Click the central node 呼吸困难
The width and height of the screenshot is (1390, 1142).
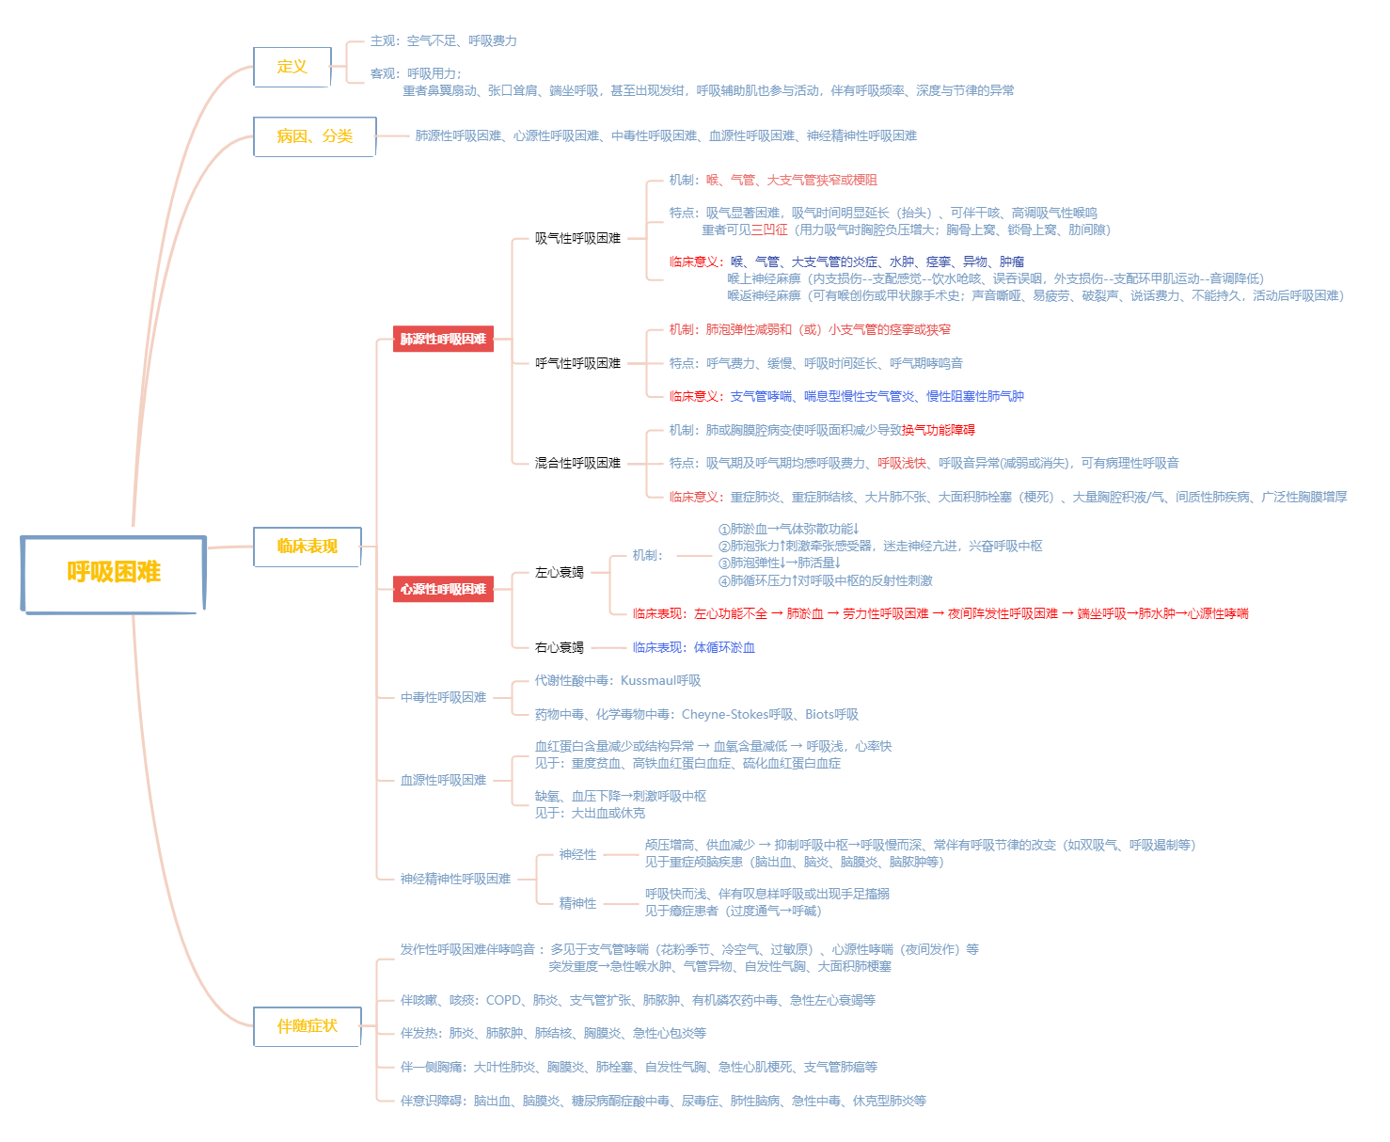tap(113, 573)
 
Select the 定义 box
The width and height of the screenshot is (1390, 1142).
tap(292, 67)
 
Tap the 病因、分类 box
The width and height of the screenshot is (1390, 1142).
tap(314, 136)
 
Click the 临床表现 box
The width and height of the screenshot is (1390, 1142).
tap(307, 547)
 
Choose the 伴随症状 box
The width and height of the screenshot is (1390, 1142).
tap(307, 1026)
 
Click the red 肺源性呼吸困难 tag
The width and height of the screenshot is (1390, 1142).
tap(443, 340)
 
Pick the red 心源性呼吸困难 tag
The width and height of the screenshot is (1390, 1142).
tap(443, 590)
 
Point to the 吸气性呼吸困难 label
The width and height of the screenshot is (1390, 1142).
tap(577, 239)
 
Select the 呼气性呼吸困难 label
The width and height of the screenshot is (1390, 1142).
tap(577, 363)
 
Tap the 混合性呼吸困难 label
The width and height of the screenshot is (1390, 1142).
tap(577, 463)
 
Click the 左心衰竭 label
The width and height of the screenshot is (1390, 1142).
tap(559, 572)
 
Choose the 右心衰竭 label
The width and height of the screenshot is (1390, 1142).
tap(559, 647)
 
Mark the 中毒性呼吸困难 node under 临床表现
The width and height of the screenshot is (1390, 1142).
tap(443, 697)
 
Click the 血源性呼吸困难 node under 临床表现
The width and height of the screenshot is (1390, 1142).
tap(443, 780)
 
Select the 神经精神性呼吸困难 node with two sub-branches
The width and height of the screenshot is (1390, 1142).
tap(455, 879)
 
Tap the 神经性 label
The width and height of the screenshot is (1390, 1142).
tap(577, 854)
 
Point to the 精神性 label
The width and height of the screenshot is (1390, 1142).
tap(577, 903)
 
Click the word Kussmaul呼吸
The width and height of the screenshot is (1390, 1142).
tap(660, 680)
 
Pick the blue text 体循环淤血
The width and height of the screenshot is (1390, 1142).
tap(724, 647)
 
